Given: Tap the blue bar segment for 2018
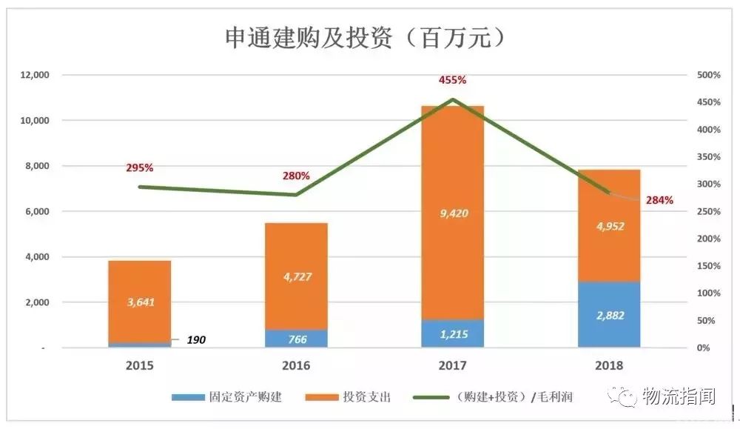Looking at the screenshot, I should (609, 314).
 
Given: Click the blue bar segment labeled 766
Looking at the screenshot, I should (296, 339).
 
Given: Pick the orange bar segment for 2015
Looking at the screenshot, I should (140, 302).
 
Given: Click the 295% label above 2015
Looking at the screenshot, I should (140, 168).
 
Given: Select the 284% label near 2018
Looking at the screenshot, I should (659, 200).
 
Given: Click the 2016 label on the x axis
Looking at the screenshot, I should (296, 365).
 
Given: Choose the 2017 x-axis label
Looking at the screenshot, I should (452, 365).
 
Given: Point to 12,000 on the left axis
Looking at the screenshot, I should (34, 75).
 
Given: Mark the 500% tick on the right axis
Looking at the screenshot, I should (708, 75).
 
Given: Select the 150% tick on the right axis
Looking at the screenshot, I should (708, 266).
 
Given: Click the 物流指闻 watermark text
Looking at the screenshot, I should (679, 396).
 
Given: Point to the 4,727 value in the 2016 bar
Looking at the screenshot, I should (296, 277).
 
